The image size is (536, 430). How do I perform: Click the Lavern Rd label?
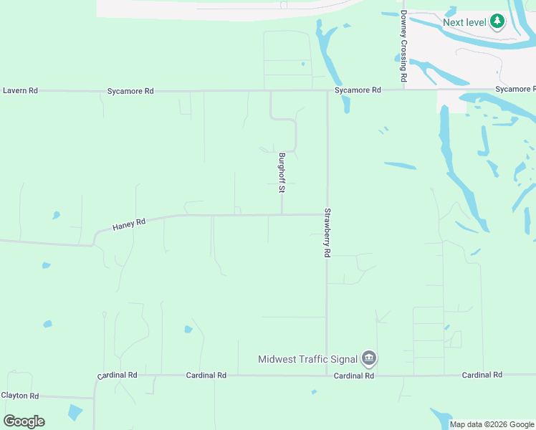pyautogui.click(x=20, y=91)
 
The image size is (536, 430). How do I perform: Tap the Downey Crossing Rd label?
pyautogui.click(x=404, y=46)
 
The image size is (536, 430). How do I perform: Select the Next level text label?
pyautogui.click(x=464, y=21)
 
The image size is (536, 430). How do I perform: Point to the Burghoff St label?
pyautogui.click(x=282, y=174)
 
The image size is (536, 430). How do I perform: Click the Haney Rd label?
pyautogui.click(x=129, y=224)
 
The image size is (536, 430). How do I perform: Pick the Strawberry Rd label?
pyautogui.click(x=327, y=233)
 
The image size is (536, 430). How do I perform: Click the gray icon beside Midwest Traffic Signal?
pyautogui.click(x=368, y=358)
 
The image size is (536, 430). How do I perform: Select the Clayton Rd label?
pyautogui.click(x=20, y=396)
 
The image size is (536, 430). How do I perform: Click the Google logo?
pyautogui.click(x=24, y=421)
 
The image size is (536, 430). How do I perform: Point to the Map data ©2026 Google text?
pyautogui.click(x=491, y=424)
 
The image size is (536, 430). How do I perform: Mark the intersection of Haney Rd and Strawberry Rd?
pyautogui.click(x=327, y=214)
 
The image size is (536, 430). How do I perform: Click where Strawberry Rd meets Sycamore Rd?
pyautogui.click(x=327, y=91)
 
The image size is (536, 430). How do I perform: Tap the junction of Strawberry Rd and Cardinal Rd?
pyautogui.click(x=327, y=375)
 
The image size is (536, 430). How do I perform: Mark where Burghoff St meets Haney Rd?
pyautogui.click(x=282, y=214)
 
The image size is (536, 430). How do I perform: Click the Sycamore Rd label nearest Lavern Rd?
pyautogui.click(x=130, y=91)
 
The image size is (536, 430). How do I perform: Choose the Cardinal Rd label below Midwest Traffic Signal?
pyautogui.click(x=354, y=376)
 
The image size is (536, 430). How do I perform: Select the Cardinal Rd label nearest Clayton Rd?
pyautogui.click(x=117, y=375)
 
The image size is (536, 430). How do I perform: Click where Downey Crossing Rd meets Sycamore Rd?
pyautogui.click(x=404, y=90)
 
